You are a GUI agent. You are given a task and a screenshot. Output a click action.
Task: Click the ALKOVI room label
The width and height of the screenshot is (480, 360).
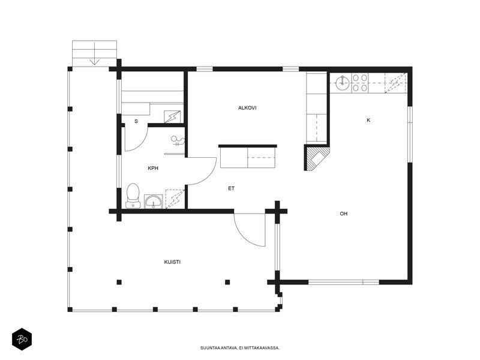247,108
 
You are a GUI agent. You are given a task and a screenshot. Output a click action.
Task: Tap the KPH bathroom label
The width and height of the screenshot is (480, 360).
153,168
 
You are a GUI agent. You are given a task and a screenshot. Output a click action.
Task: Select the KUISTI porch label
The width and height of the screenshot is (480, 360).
172,262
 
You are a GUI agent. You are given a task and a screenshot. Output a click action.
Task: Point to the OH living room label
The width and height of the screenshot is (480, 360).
343,214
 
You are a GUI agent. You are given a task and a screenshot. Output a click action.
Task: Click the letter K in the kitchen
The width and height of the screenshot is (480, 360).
368,120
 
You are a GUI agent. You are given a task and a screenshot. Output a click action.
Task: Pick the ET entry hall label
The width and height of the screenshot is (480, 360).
231,188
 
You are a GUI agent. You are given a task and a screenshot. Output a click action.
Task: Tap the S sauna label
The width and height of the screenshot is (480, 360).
136,121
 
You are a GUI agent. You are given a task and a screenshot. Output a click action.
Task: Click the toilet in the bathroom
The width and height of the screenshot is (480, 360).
133,196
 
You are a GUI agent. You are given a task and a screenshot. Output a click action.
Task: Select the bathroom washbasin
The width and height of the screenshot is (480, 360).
154,202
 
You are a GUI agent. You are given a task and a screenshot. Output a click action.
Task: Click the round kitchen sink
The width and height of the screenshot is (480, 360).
342,83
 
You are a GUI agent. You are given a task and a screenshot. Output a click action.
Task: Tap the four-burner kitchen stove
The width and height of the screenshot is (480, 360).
359,83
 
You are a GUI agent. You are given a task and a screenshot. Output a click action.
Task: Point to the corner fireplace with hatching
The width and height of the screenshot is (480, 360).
317,157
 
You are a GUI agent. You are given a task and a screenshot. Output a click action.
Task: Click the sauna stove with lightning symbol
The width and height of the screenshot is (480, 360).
172,116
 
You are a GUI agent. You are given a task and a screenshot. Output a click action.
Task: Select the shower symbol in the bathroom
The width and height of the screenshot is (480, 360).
178,141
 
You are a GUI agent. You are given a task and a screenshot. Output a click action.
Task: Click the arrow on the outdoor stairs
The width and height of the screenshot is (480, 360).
95,53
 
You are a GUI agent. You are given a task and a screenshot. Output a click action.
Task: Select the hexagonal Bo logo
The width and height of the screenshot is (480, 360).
22,339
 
